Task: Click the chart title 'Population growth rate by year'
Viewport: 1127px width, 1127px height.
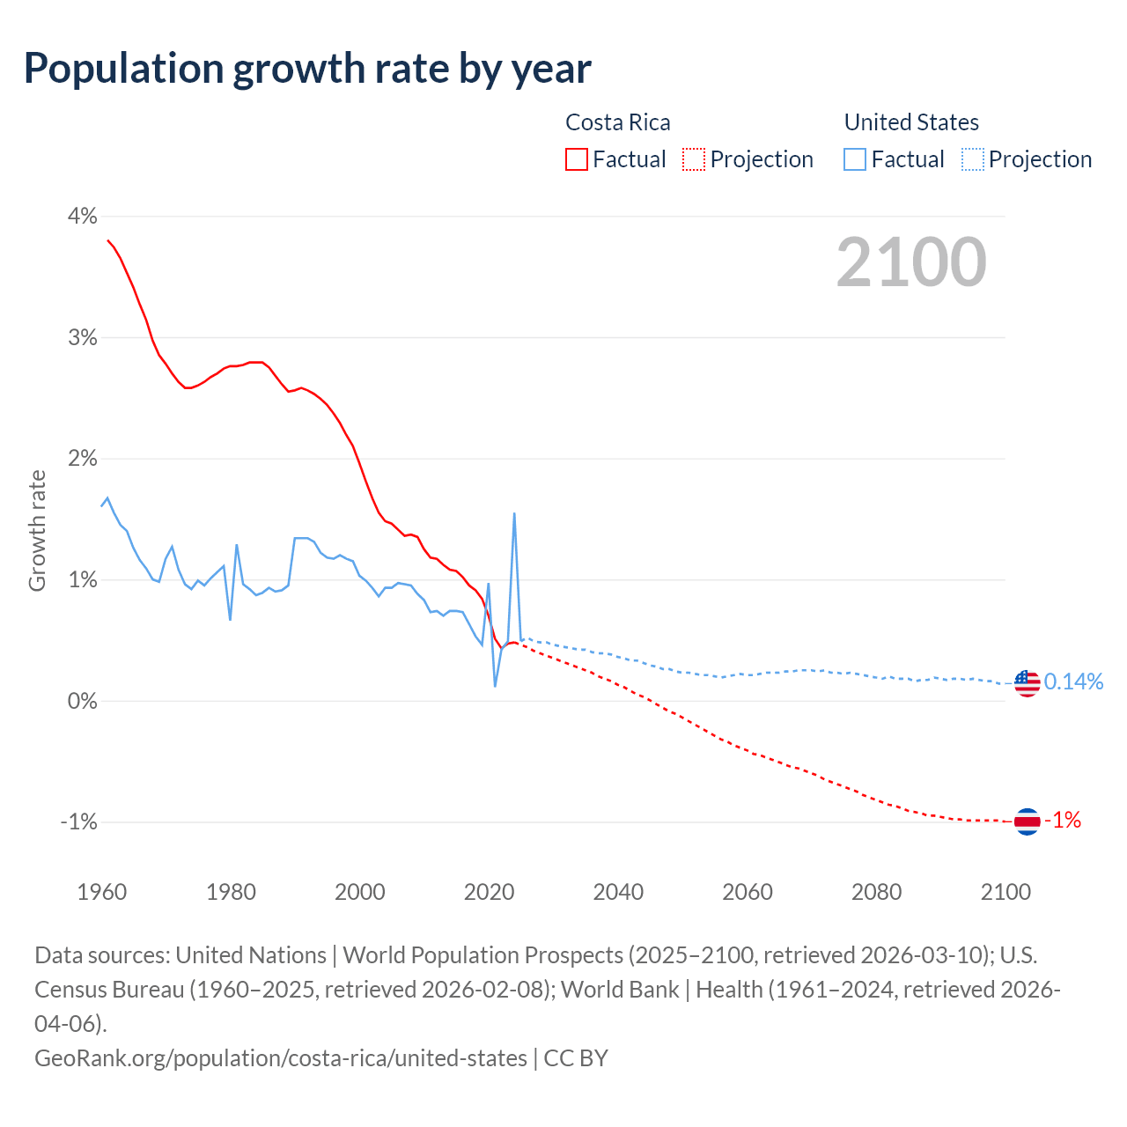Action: [x=307, y=69]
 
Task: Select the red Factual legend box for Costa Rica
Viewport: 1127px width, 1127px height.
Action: [x=577, y=159]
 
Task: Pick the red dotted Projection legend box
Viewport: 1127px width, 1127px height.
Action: [x=694, y=159]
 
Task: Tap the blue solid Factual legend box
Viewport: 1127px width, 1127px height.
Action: [x=855, y=159]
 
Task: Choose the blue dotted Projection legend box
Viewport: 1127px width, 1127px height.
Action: [x=973, y=159]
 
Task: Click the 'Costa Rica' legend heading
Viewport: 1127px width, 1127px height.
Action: [x=617, y=122]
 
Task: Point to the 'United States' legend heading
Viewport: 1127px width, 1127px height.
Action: [x=911, y=122]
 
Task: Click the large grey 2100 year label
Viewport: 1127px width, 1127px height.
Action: [x=911, y=262]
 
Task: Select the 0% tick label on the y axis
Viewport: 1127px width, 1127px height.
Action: [x=82, y=701]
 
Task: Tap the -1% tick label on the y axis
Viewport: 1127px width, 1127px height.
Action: [x=78, y=821]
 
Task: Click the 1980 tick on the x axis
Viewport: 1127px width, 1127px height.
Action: [x=231, y=892]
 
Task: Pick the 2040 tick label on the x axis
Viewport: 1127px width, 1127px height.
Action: [x=618, y=892]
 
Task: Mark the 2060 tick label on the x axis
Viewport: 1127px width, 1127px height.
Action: [x=748, y=892]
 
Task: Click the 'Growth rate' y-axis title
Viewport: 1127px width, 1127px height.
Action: [x=37, y=531]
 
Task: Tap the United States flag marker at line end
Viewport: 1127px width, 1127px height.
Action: [x=1027, y=682]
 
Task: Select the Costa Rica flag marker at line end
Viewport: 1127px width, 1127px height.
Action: [x=1027, y=821]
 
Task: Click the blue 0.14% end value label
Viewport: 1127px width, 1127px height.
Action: [x=1073, y=681]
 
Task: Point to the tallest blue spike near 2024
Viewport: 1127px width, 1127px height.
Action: [x=514, y=514]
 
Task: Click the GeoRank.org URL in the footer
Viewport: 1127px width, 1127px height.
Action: [x=281, y=1057]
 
